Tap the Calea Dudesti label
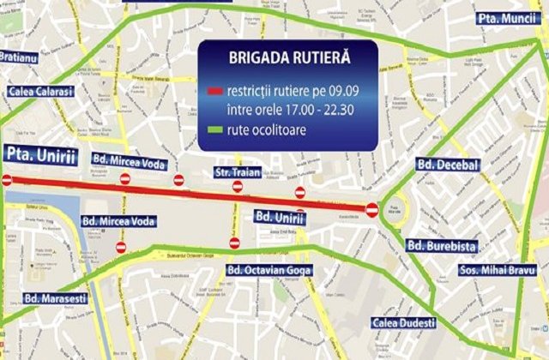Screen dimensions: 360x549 (406, 323)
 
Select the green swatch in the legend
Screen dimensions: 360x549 (215, 129)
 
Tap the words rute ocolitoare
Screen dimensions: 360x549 (267, 129)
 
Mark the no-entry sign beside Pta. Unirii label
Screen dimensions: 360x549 (7, 180)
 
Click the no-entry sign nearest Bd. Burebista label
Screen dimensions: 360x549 (371, 208)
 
